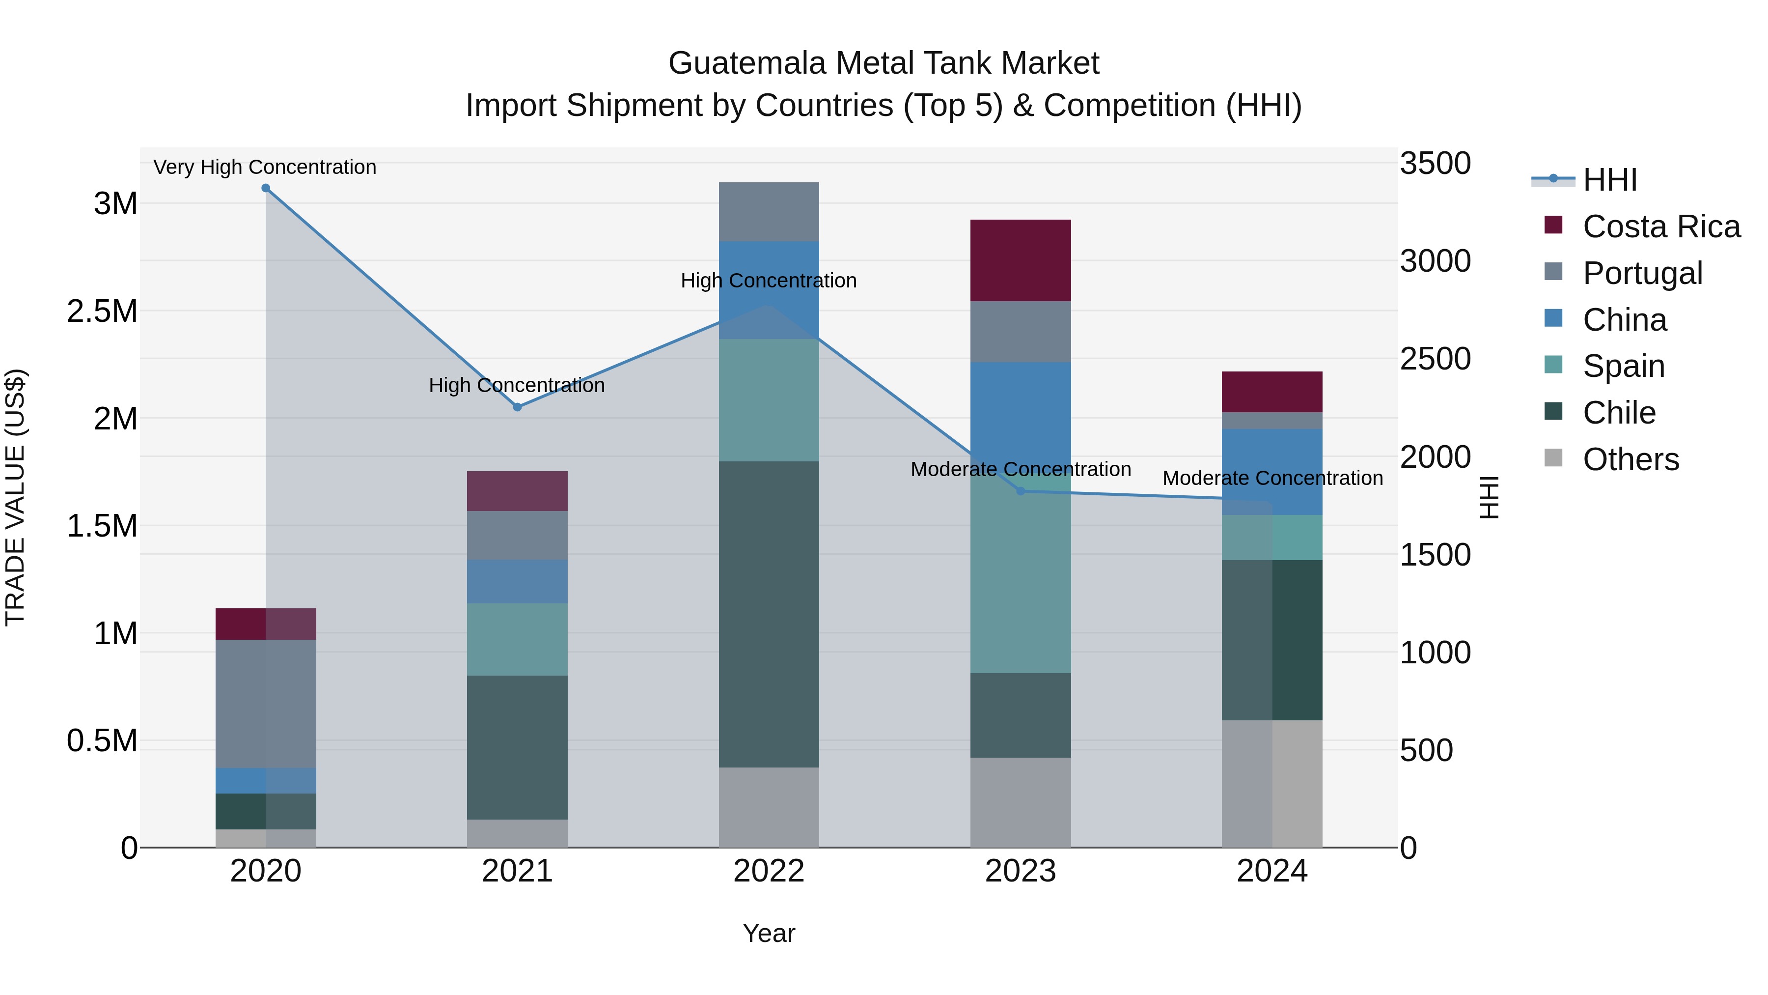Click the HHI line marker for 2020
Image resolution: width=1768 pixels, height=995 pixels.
(266, 188)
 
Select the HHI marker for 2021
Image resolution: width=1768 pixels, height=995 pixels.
(518, 407)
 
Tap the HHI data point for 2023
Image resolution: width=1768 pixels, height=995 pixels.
(1020, 491)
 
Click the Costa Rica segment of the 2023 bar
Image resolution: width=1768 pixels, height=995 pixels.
(1020, 260)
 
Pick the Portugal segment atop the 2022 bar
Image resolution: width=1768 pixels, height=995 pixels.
(769, 211)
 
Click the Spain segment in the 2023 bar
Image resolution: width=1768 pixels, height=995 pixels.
(1020, 584)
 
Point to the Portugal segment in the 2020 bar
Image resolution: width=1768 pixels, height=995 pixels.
(266, 703)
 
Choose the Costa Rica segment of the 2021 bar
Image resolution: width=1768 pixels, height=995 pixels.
(518, 491)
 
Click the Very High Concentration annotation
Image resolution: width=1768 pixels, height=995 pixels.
(265, 168)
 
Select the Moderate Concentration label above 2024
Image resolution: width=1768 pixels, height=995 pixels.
(1272, 478)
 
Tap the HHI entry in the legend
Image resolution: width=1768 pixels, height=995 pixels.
(1609, 180)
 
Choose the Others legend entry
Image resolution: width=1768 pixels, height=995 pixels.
(1630, 459)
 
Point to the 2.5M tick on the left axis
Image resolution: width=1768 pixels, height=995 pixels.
(102, 312)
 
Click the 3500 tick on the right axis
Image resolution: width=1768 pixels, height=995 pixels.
(1435, 164)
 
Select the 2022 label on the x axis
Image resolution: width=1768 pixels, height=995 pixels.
(769, 871)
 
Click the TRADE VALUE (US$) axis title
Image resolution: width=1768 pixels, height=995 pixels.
(15, 497)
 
